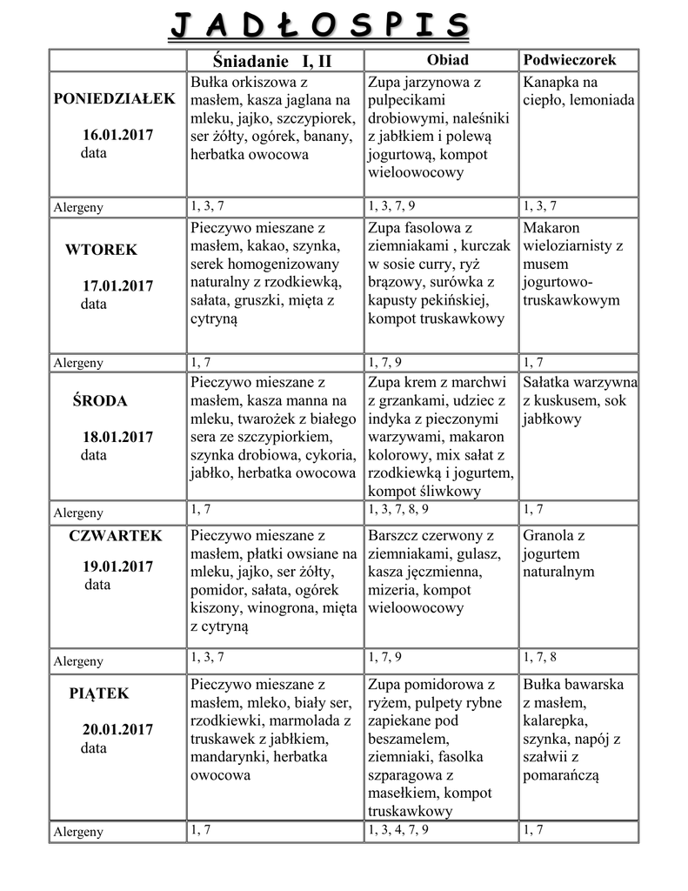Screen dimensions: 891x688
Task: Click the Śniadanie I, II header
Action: pos(272,61)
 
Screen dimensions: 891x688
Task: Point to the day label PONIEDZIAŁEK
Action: pos(114,99)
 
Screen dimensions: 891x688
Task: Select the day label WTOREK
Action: pos(101,250)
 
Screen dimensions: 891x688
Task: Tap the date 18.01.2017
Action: pos(117,437)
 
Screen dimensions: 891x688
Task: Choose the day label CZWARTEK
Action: pos(115,536)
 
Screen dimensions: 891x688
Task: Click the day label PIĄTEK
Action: pos(99,693)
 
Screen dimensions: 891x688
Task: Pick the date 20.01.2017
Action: pos(117,729)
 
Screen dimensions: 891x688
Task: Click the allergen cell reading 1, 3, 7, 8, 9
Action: pos(398,509)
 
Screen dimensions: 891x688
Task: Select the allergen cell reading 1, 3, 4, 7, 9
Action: pos(398,830)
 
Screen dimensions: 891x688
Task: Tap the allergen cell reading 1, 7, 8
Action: pos(539,658)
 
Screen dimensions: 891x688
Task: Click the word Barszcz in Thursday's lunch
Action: pos(396,535)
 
